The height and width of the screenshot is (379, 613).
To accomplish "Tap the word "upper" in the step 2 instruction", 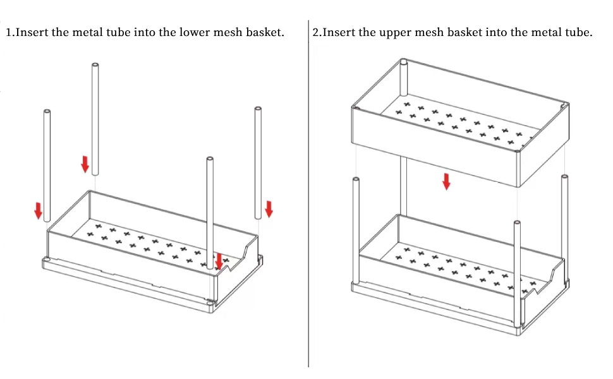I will click(x=379, y=32).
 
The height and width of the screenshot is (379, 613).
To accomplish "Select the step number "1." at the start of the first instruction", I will click(x=9, y=32).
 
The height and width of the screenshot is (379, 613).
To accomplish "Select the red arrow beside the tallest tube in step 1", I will click(x=85, y=164).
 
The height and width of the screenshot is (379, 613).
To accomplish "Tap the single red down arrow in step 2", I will click(x=446, y=181).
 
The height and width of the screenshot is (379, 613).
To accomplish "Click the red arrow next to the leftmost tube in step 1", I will click(x=38, y=211).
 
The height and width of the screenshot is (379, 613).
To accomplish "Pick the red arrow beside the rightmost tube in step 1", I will click(x=269, y=208).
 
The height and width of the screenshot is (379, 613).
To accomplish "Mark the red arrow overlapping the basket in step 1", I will click(x=219, y=260).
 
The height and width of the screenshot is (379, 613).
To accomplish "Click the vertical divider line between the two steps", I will click(x=308, y=189).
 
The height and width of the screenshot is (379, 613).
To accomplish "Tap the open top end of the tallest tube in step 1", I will click(x=95, y=66).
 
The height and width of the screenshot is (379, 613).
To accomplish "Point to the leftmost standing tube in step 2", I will click(x=356, y=231).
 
